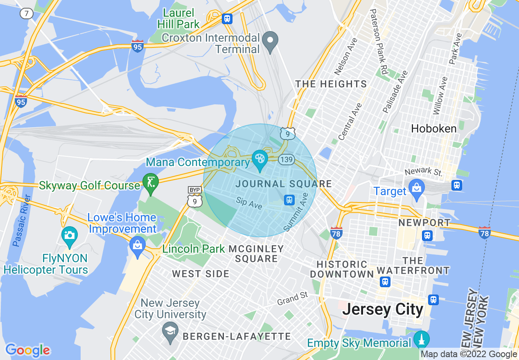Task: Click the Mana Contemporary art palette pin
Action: (x=259, y=157)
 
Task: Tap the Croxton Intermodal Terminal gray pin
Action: (x=270, y=41)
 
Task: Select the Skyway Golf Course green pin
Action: (x=151, y=182)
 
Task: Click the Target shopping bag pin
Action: (x=417, y=188)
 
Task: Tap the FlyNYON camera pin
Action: (x=70, y=236)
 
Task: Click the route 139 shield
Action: (x=286, y=159)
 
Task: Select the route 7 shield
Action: (x=27, y=13)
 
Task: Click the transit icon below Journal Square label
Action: (x=289, y=200)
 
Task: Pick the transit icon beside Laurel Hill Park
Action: (x=227, y=18)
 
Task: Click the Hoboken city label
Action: (x=433, y=129)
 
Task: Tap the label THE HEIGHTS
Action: (x=331, y=84)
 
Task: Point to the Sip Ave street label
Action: (x=249, y=203)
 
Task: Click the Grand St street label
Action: (x=292, y=299)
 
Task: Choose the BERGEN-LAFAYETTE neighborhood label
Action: (x=237, y=337)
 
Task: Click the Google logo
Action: (x=27, y=350)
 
